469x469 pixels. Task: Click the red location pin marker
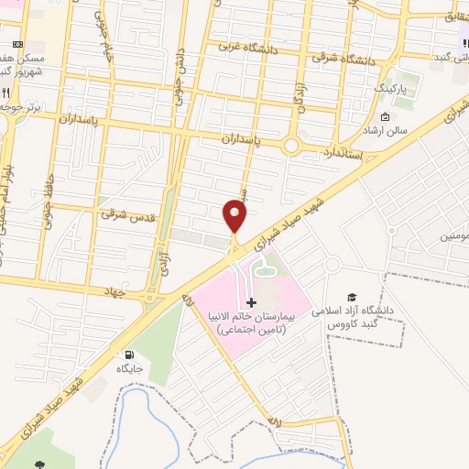[234, 216]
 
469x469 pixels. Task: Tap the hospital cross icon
[253, 301]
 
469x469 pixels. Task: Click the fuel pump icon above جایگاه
[128, 354]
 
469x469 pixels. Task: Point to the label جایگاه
[128, 368]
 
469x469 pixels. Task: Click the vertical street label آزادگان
[299, 92]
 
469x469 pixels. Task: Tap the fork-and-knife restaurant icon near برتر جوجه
[6, 93]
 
